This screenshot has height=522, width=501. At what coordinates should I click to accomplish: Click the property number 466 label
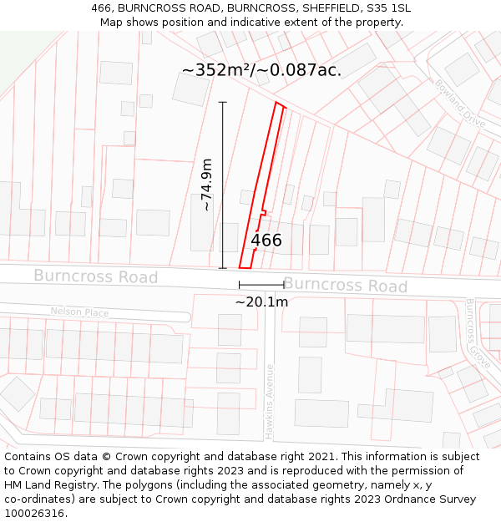tap(266, 241)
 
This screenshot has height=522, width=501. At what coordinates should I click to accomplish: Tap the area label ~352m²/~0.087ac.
tap(261, 70)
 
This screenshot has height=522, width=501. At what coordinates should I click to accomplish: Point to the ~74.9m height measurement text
tap(206, 185)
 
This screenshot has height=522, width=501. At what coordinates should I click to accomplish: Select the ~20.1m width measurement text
tap(261, 302)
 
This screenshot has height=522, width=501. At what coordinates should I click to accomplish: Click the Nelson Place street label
tap(79, 312)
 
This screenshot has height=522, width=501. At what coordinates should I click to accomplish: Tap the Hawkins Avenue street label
tap(270, 402)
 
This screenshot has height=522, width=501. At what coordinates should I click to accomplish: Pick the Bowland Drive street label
tap(459, 103)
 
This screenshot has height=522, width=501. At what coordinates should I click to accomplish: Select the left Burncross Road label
tap(95, 276)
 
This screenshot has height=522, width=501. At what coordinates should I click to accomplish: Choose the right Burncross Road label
tap(345, 285)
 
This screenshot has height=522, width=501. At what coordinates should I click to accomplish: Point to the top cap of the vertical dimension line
tap(223, 102)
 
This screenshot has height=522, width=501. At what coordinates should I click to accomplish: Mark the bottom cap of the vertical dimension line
tap(223, 268)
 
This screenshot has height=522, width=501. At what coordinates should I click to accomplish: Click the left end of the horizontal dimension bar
tap(240, 286)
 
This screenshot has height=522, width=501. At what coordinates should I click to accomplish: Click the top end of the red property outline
tap(281, 104)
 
